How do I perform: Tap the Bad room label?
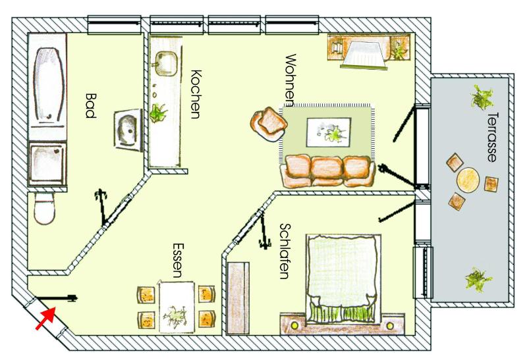90,106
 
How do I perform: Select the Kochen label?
196,94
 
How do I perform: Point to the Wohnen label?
291,80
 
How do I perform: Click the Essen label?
178,260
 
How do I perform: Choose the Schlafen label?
285,251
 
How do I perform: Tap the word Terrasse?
492,138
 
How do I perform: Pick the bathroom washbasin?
128,130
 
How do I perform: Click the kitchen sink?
165,63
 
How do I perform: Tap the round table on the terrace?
468,180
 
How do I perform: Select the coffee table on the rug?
328,132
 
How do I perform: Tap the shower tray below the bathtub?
47,164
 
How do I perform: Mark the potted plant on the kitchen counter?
158,113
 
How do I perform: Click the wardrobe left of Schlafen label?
238,298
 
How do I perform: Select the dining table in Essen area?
177,307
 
